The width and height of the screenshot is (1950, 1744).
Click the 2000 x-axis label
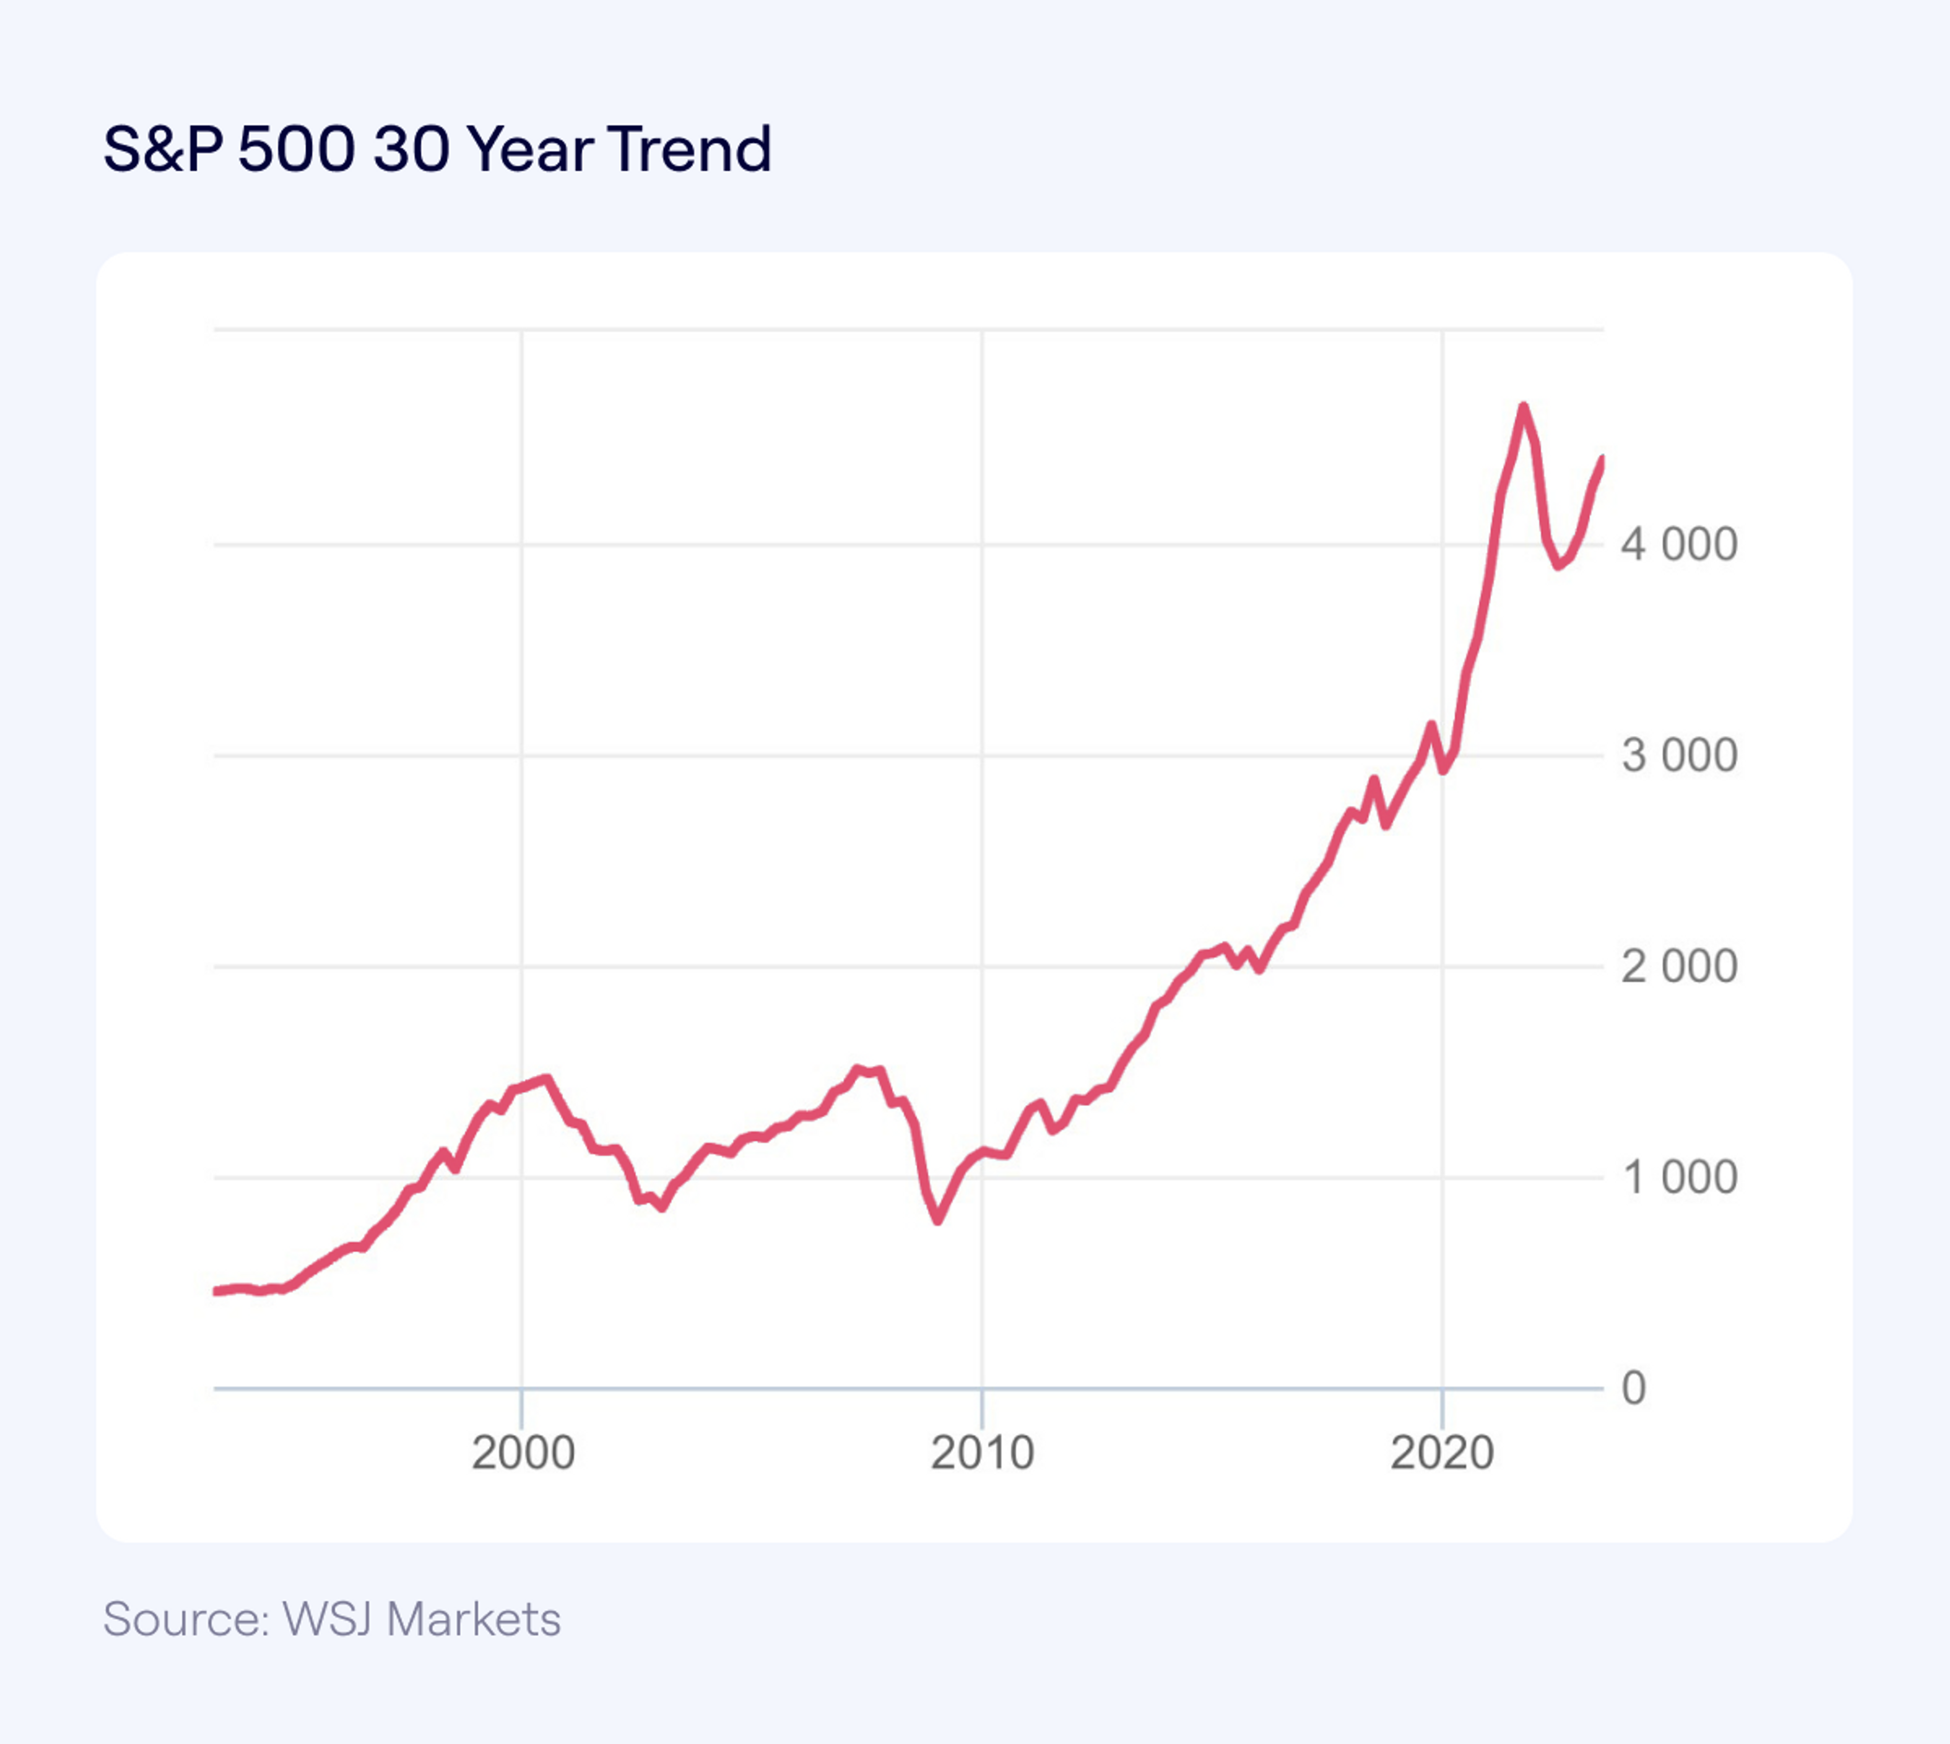[522, 1452]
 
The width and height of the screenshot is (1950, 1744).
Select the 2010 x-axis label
[982, 1452]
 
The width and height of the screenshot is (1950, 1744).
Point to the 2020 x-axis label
[1442, 1452]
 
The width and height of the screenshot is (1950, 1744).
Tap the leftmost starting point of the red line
[216, 1291]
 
